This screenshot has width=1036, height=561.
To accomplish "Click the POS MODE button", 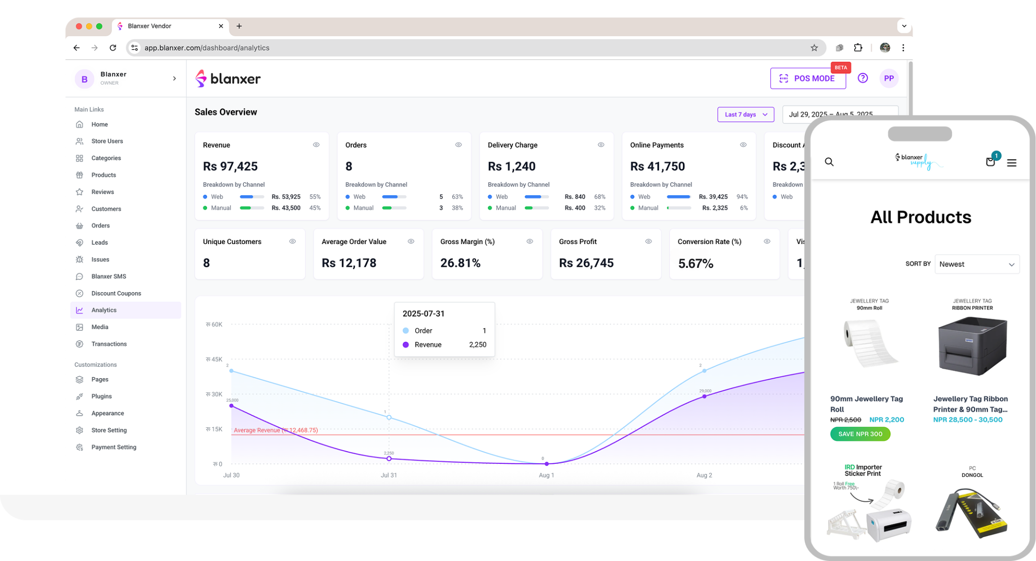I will pos(808,78).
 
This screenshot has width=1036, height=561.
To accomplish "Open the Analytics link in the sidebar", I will pos(104,310).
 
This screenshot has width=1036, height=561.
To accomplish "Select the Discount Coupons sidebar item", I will pos(116,293).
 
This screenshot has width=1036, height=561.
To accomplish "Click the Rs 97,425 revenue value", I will pos(230,166).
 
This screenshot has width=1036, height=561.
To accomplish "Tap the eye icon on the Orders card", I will pos(458,145).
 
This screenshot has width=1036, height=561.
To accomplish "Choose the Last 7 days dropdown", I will pos(745,114).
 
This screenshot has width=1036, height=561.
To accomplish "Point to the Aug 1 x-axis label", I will pos(546,475).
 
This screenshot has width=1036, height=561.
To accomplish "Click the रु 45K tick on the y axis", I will pos(214,359).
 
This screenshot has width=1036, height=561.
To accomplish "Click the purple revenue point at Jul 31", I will pos(389,459).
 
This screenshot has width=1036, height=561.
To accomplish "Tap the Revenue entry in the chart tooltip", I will pos(428,344).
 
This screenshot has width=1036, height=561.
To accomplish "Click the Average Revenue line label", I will pos(276,430).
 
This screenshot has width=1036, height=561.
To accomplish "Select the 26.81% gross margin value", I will pos(460,263).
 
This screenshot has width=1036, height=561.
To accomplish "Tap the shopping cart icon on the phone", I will pos(990,162).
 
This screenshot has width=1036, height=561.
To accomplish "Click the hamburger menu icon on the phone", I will pos(1012,163).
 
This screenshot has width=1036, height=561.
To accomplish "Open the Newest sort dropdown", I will pos(976,264).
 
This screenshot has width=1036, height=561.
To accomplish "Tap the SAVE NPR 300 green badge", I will pos(860,434).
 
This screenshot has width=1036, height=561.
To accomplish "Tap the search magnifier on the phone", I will pos(829,162).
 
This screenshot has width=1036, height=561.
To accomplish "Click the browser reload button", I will pos(113,48).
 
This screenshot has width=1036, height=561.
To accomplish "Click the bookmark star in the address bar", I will pos(814,48).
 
